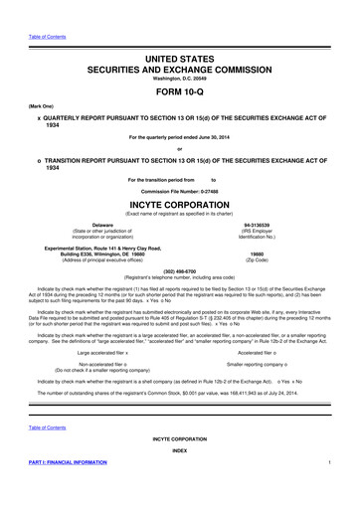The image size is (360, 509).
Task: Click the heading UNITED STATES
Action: (x=180, y=60)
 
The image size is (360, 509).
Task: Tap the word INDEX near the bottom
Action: (x=180, y=477)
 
